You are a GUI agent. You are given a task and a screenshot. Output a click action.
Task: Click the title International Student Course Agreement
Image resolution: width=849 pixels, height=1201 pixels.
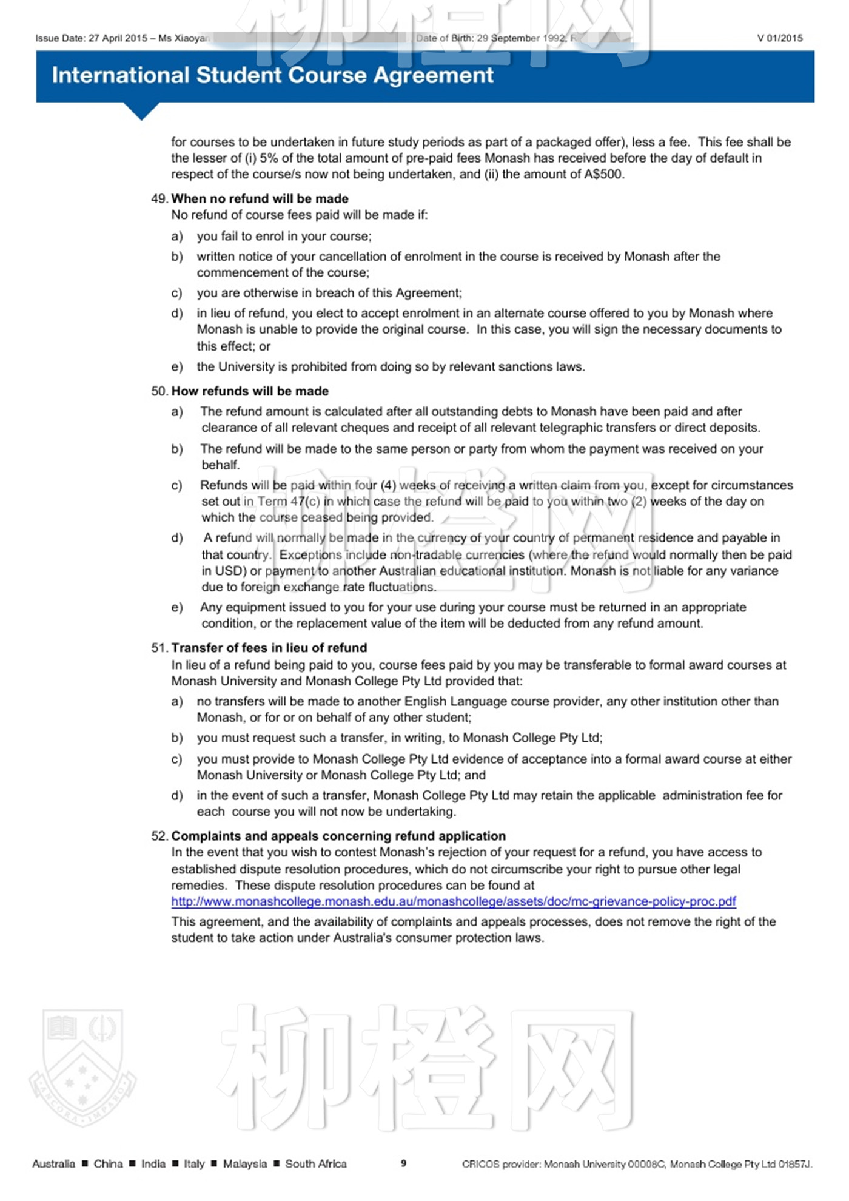pos(272,75)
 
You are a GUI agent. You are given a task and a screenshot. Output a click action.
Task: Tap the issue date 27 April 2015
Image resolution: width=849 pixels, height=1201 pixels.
pos(118,38)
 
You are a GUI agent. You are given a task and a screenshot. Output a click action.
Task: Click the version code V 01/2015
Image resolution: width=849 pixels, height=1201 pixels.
pos(780,38)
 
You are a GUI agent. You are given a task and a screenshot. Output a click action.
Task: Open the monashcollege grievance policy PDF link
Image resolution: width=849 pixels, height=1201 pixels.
pos(454,901)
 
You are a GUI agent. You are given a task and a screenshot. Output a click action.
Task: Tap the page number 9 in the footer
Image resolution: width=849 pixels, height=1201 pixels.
pos(403,1163)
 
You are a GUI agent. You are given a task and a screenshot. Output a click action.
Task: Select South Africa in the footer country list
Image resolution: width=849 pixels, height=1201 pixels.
pos(316,1164)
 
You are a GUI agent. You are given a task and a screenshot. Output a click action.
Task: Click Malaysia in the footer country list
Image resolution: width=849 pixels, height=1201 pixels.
pos(244,1164)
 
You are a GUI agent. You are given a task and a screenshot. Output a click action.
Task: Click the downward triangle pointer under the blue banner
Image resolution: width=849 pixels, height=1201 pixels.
pos(141,111)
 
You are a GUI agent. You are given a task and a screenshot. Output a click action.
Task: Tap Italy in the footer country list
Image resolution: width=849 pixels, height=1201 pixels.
pos(194,1164)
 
